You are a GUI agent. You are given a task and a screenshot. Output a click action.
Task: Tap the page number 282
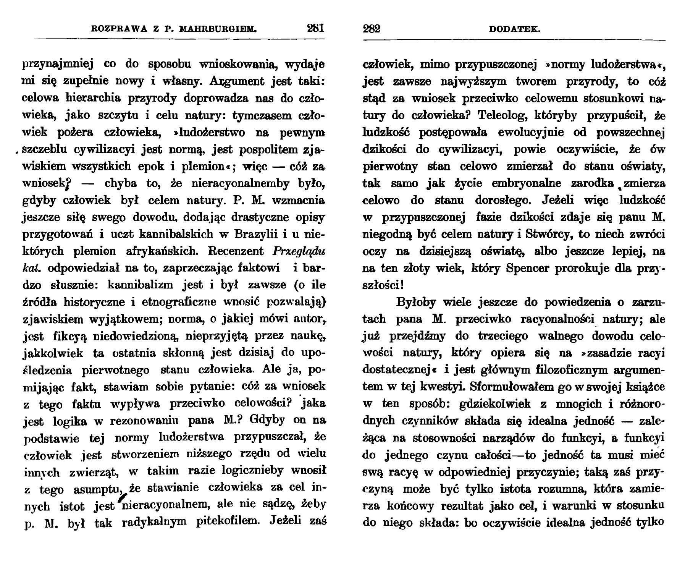(372, 29)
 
